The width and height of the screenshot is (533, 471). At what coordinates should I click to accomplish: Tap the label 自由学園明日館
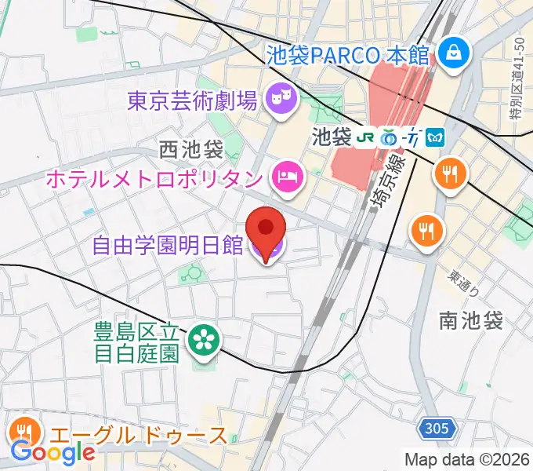click(167, 246)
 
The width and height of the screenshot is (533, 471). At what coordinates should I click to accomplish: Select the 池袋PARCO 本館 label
click(347, 55)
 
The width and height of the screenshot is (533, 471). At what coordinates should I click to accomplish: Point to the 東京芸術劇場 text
click(193, 100)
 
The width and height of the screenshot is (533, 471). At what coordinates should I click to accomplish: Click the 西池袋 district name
click(190, 148)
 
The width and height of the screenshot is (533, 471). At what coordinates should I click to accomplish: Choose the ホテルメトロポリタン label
click(154, 179)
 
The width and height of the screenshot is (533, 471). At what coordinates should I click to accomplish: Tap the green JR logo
click(364, 138)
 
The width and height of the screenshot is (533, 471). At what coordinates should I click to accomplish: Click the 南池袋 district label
click(470, 320)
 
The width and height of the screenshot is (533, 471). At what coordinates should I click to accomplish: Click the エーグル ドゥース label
click(139, 436)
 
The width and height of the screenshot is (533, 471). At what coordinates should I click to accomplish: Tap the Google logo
click(53, 452)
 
